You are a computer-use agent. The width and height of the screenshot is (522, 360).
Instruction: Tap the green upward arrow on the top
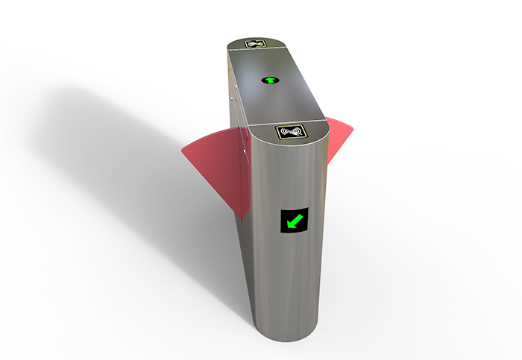(x=268, y=79)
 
